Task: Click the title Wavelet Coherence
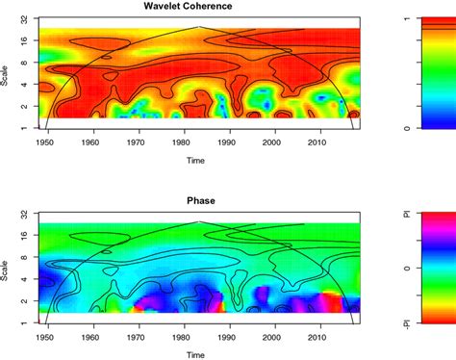click(x=198, y=8)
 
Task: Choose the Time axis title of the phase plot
click(x=198, y=356)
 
